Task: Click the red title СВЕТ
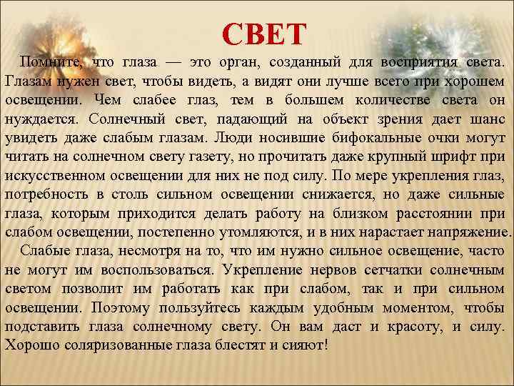coord(264,33)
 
